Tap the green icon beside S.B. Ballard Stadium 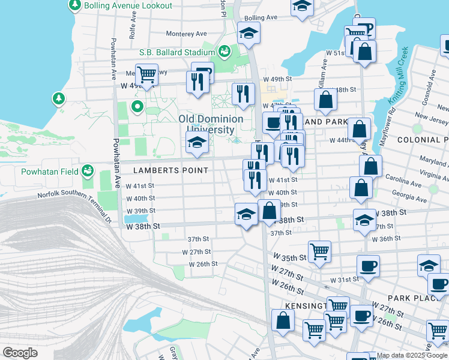pyautogui.click(x=224, y=52)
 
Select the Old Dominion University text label pyautogui.click(x=211, y=124)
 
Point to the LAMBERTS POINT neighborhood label pyautogui.click(x=170, y=170)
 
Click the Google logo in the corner pyautogui.click(x=20, y=353)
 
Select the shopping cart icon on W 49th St pyautogui.click(x=146, y=74)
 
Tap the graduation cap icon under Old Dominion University pyautogui.click(x=196, y=143)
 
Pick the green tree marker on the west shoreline pyautogui.click(x=58, y=97)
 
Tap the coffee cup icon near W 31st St pyautogui.click(x=368, y=266)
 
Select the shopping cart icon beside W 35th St pyautogui.click(x=319, y=251)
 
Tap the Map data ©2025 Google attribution pyautogui.click(x=412, y=355)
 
